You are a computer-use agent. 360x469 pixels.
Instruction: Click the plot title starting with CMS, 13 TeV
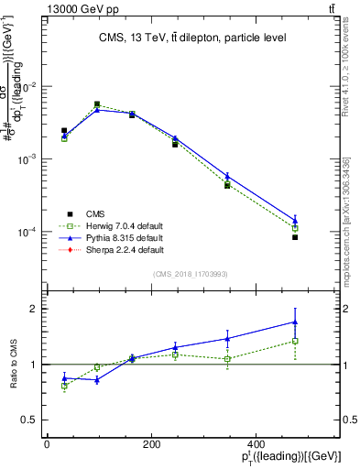(191, 38)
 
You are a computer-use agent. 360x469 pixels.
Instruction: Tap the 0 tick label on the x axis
(47, 444)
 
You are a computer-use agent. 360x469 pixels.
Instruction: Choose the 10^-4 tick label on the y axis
(27, 232)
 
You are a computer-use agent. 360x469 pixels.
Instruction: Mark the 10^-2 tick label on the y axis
(27, 86)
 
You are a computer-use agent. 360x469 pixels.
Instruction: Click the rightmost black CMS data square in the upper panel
(295, 237)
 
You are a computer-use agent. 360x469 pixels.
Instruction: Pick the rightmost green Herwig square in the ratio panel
(295, 341)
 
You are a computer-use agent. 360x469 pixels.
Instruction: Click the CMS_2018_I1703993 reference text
(191, 273)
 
